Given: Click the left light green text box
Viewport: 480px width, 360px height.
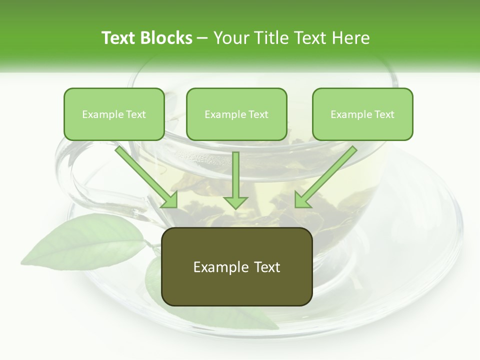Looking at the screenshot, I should click(x=114, y=114).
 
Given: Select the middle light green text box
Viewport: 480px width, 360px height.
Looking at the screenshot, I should click(x=236, y=114).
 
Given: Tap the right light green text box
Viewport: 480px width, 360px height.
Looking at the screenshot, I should click(x=362, y=114).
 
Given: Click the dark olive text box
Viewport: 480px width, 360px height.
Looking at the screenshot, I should click(x=237, y=266).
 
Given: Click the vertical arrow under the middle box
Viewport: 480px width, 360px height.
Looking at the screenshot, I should click(x=235, y=180).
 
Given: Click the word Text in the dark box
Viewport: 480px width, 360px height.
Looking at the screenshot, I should click(x=266, y=267).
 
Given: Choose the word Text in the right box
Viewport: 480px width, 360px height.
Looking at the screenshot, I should click(x=384, y=114).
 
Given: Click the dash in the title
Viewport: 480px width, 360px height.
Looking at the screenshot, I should click(x=202, y=38).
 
